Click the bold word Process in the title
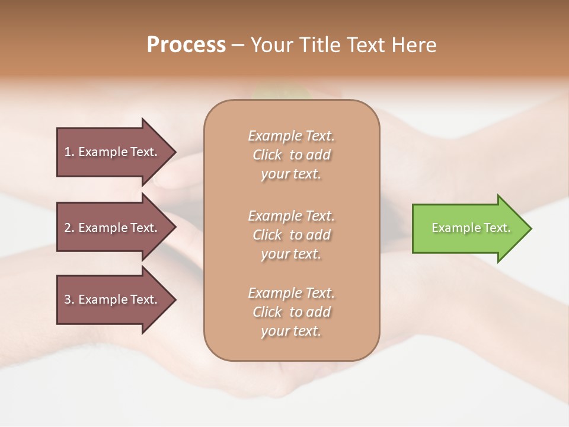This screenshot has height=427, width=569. coord(186,45)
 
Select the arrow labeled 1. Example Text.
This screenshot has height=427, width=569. coord(113,152)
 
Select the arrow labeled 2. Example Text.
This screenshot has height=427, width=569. coord(113,228)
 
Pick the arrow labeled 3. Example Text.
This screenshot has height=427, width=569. coord(113,299)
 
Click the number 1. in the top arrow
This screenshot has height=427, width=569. coord(69,152)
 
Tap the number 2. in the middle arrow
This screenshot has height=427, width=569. coord(69,228)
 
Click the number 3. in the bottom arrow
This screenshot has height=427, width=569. coord(69,299)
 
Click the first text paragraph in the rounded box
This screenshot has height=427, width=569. coord(291,155)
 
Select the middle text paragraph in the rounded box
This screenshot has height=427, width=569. coord(291,235)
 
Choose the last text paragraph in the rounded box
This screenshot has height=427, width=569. coord(291,312)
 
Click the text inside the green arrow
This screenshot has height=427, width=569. coord(471,228)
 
